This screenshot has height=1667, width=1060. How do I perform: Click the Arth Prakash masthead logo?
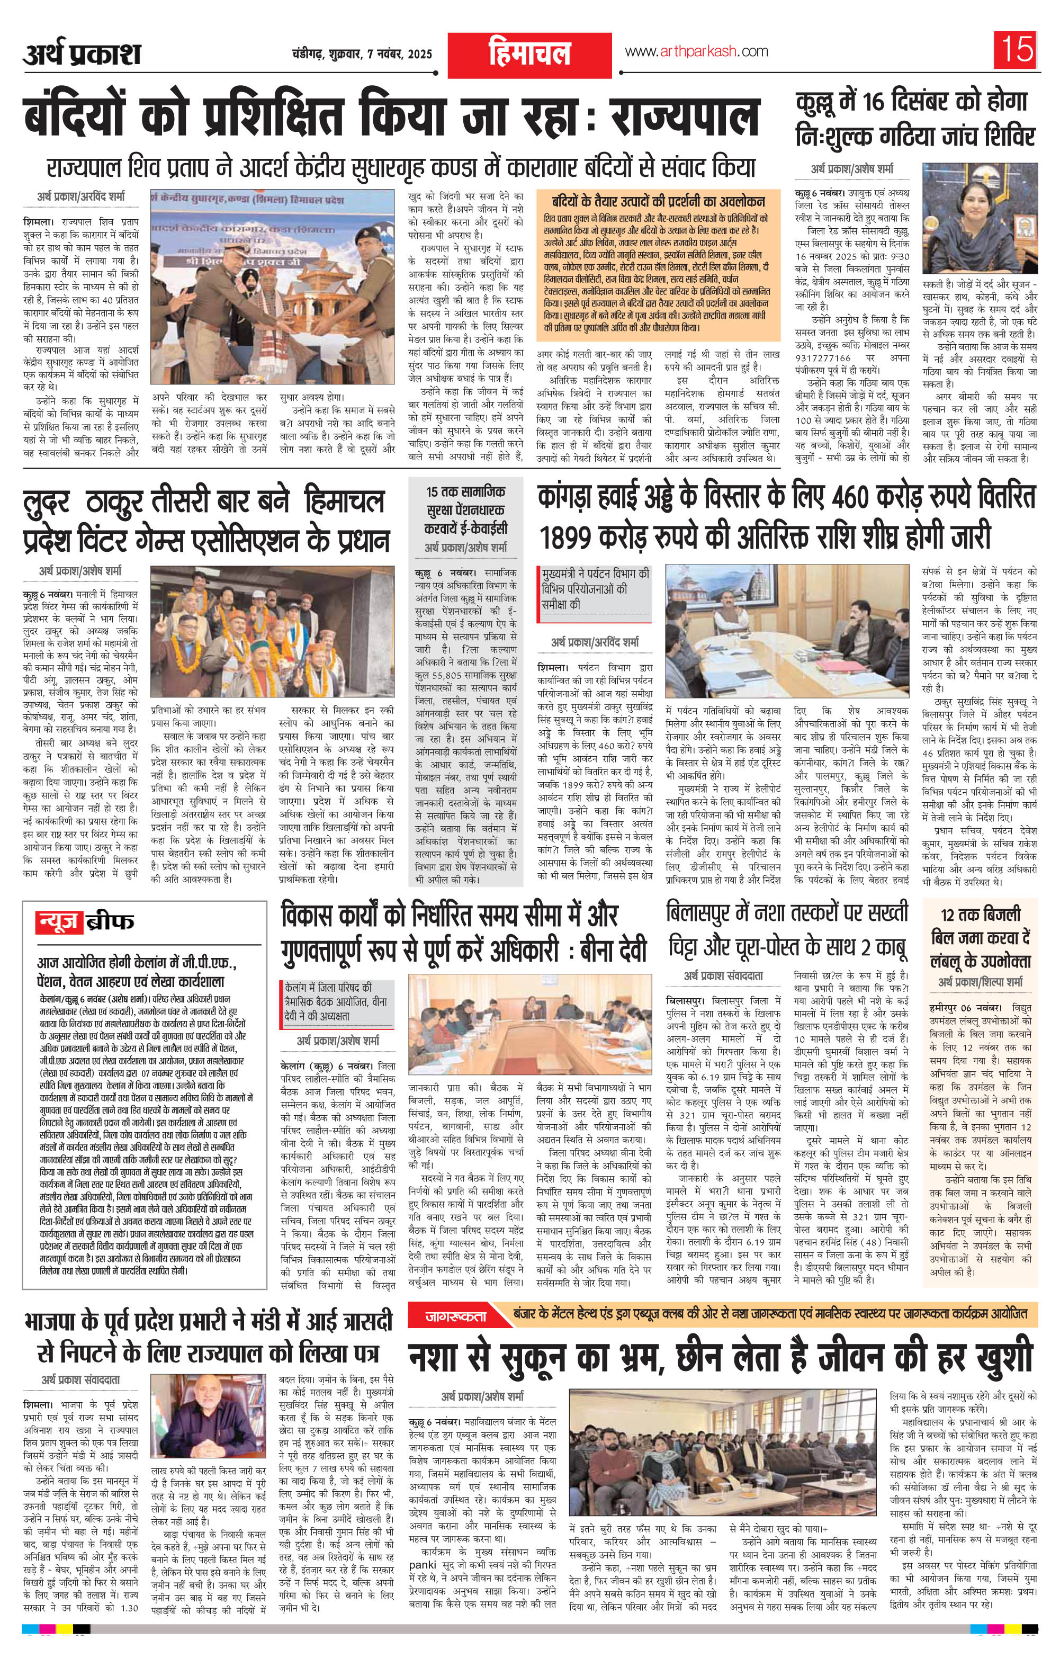(82, 55)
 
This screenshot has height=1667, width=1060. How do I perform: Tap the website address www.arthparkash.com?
(696, 52)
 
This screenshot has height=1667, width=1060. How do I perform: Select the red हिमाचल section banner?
(528, 53)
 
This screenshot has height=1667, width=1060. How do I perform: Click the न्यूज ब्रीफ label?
(86, 921)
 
